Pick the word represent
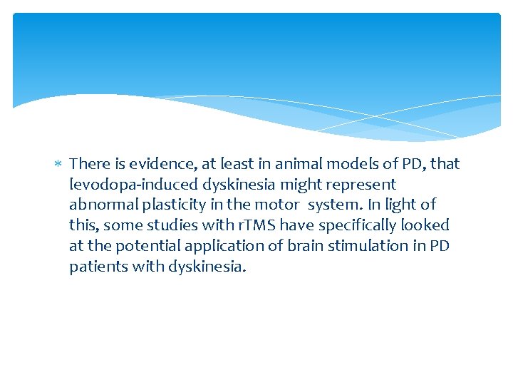(361, 185)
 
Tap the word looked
(426, 226)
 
